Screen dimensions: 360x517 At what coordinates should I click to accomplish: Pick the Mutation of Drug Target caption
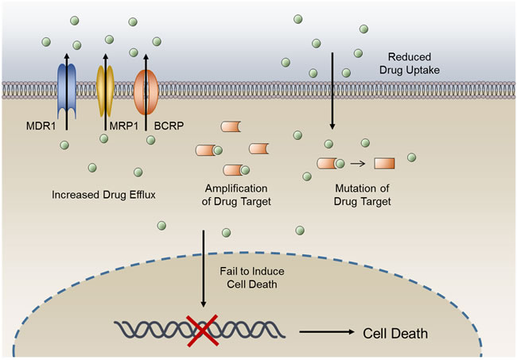362,195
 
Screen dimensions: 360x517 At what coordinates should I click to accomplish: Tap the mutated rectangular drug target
384,164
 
